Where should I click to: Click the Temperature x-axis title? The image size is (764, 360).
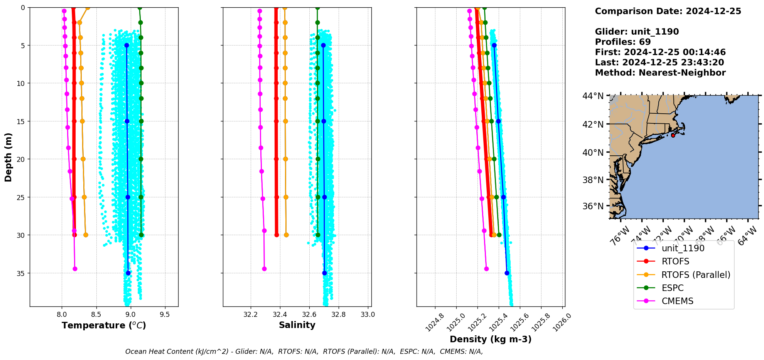[x=104, y=326]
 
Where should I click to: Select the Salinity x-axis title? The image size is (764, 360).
[x=297, y=325]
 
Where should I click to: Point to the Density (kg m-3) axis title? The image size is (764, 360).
[x=491, y=340]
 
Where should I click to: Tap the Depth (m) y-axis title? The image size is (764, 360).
[x=8, y=157]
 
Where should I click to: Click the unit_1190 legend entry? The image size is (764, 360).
[x=683, y=249]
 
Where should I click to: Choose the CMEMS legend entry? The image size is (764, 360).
[x=677, y=301]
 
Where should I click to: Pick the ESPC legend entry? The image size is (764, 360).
[x=672, y=288]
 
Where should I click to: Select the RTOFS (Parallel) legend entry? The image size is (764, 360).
[x=696, y=275]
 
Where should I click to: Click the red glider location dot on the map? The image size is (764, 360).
[x=673, y=135]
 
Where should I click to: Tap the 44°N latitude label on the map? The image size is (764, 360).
[x=593, y=96]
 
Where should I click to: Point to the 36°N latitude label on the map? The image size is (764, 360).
[x=593, y=206]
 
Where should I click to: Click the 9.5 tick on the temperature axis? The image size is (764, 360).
[x=165, y=315]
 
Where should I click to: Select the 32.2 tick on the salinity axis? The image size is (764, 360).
[x=251, y=315]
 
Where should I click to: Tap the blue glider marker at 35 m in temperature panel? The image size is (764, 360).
[x=128, y=273]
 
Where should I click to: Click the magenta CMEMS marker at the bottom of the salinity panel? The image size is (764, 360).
[x=264, y=269]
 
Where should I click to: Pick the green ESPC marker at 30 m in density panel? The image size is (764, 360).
[x=499, y=235]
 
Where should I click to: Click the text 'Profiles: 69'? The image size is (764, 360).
[x=623, y=42]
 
